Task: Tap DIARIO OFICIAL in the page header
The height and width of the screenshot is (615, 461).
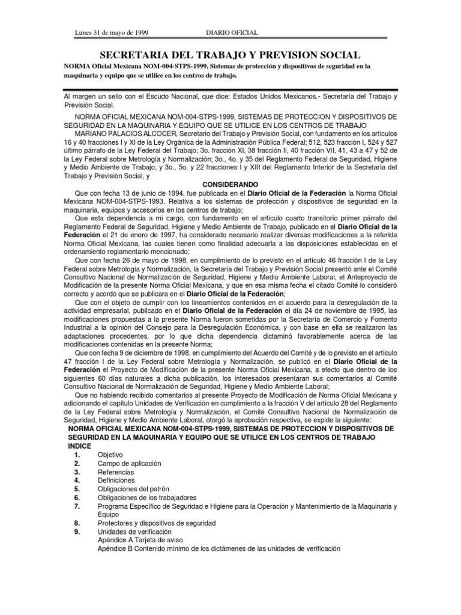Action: [232, 32]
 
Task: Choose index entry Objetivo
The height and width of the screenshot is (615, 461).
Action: [110, 455]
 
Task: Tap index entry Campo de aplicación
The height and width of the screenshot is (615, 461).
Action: [127, 464]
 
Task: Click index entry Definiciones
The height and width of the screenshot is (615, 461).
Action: [116, 481]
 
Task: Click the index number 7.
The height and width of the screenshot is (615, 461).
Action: [77, 506]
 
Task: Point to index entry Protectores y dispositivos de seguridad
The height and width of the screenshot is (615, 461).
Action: [157, 523]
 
